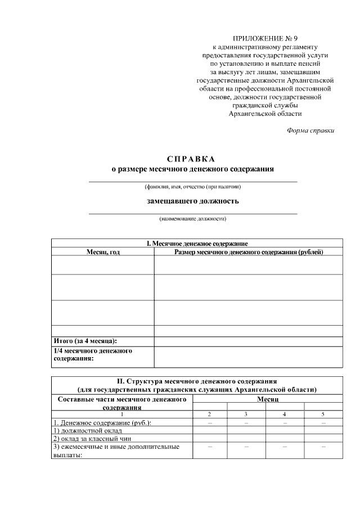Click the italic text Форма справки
click(x=310, y=130)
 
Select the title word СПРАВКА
click(x=191, y=159)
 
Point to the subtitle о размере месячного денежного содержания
click(x=192, y=169)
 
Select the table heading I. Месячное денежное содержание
click(x=197, y=244)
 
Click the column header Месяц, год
click(x=103, y=252)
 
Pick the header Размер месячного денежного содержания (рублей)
click(x=249, y=252)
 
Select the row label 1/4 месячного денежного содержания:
click(x=93, y=354)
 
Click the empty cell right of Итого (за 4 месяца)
click(x=248, y=341)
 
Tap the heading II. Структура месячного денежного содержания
click(x=197, y=381)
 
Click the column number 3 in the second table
click(x=246, y=415)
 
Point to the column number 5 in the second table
click(x=323, y=415)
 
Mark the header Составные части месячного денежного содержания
click(x=122, y=402)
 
